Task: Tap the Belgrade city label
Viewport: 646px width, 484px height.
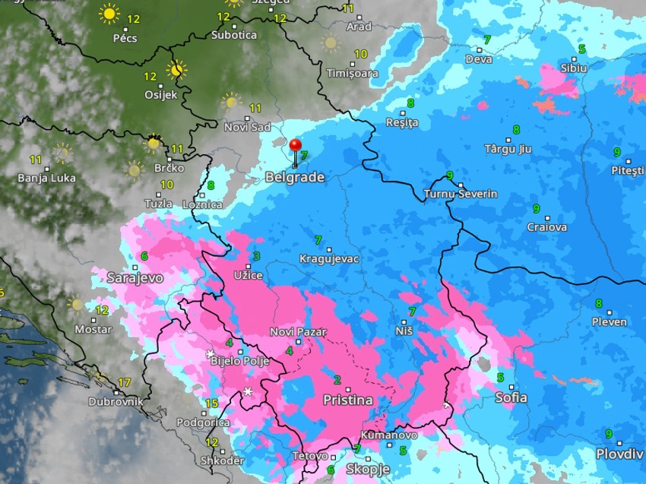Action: point(295,178)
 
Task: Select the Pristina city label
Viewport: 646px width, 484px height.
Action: point(348,400)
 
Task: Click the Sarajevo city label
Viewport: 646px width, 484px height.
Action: point(135,278)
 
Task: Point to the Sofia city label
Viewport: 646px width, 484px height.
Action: point(511,397)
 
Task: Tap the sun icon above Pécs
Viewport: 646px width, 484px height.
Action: point(109,14)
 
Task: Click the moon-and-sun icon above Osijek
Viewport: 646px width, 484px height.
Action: point(176,70)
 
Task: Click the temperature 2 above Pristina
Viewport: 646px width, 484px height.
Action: point(337,380)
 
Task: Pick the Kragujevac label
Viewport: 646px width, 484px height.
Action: point(329,259)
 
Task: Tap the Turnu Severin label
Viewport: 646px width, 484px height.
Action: point(461,194)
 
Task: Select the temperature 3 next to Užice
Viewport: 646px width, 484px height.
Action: point(257,256)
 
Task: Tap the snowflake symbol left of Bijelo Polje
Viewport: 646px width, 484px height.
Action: point(210,354)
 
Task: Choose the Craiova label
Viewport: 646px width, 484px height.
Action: point(547,226)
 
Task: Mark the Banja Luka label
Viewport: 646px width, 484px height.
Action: point(47,179)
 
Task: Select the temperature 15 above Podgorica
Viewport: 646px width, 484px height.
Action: point(211,403)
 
